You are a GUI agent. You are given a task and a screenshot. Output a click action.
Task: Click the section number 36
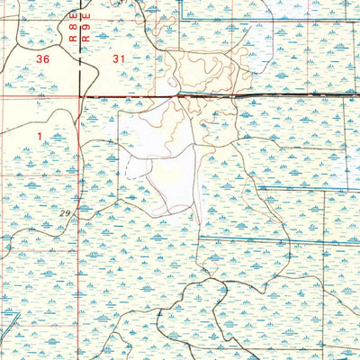[x=41, y=58]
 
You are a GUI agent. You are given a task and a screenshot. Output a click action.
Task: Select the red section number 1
[x=40, y=134]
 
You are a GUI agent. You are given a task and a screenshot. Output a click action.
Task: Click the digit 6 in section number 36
[x=45, y=58]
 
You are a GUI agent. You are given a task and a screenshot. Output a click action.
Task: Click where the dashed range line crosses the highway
[x=81, y=94]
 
